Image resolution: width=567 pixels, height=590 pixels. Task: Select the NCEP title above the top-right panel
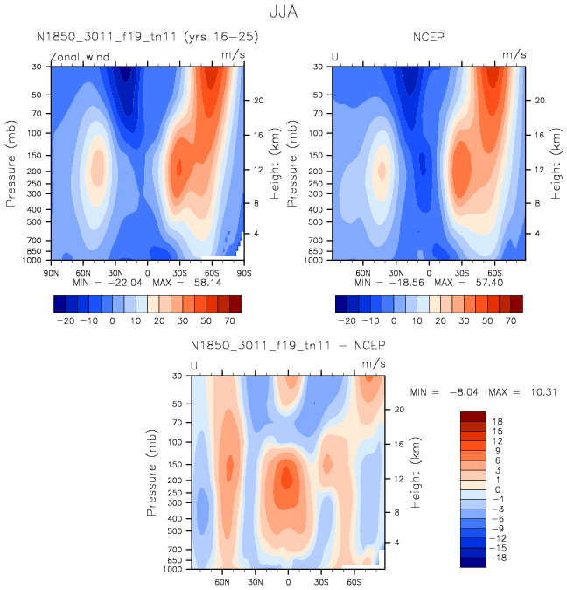click(430, 38)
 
